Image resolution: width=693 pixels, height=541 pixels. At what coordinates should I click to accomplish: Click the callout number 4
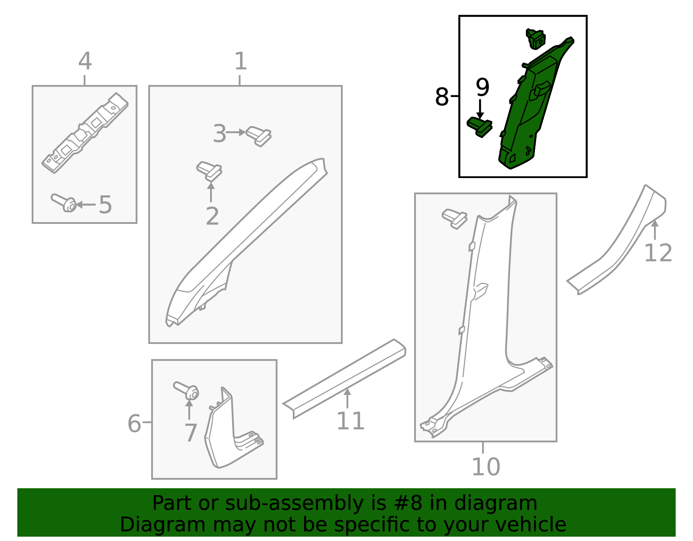(x=85, y=61)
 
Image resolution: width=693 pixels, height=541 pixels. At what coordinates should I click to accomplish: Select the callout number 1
(x=241, y=61)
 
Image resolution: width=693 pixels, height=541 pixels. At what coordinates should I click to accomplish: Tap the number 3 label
(x=220, y=133)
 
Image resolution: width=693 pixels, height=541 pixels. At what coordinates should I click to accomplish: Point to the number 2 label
(x=212, y=216)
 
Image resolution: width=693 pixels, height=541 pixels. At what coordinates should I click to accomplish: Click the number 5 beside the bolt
(x=105, y=205)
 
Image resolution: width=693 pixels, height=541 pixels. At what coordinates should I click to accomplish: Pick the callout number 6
(x=134, y=424)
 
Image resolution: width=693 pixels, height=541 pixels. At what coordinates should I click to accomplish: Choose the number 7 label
(x=191, y=433)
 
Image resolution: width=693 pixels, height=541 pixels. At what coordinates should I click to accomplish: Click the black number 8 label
(x=442, y=97)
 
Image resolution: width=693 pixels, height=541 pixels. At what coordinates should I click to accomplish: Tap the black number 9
(x=483, y=87)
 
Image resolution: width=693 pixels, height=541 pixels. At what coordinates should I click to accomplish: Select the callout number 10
(x=486, y=467)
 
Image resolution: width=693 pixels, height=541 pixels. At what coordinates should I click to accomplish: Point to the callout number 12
(x=658, y=253)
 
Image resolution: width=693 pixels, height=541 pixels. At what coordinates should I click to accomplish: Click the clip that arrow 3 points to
(x=259, y=136)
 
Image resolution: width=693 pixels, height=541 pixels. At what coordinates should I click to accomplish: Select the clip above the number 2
(x=209, y=171)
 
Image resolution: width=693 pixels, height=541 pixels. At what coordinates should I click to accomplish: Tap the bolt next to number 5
(x=64, y=202)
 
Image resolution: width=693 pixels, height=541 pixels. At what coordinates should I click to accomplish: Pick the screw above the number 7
(x=186, y=390)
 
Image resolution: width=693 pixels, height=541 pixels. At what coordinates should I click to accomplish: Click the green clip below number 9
(x=479, y=127)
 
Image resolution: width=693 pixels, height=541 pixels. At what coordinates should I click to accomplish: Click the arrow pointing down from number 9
(x=480, y=109)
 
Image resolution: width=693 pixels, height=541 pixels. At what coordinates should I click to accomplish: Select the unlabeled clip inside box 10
(x=454, y=219)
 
